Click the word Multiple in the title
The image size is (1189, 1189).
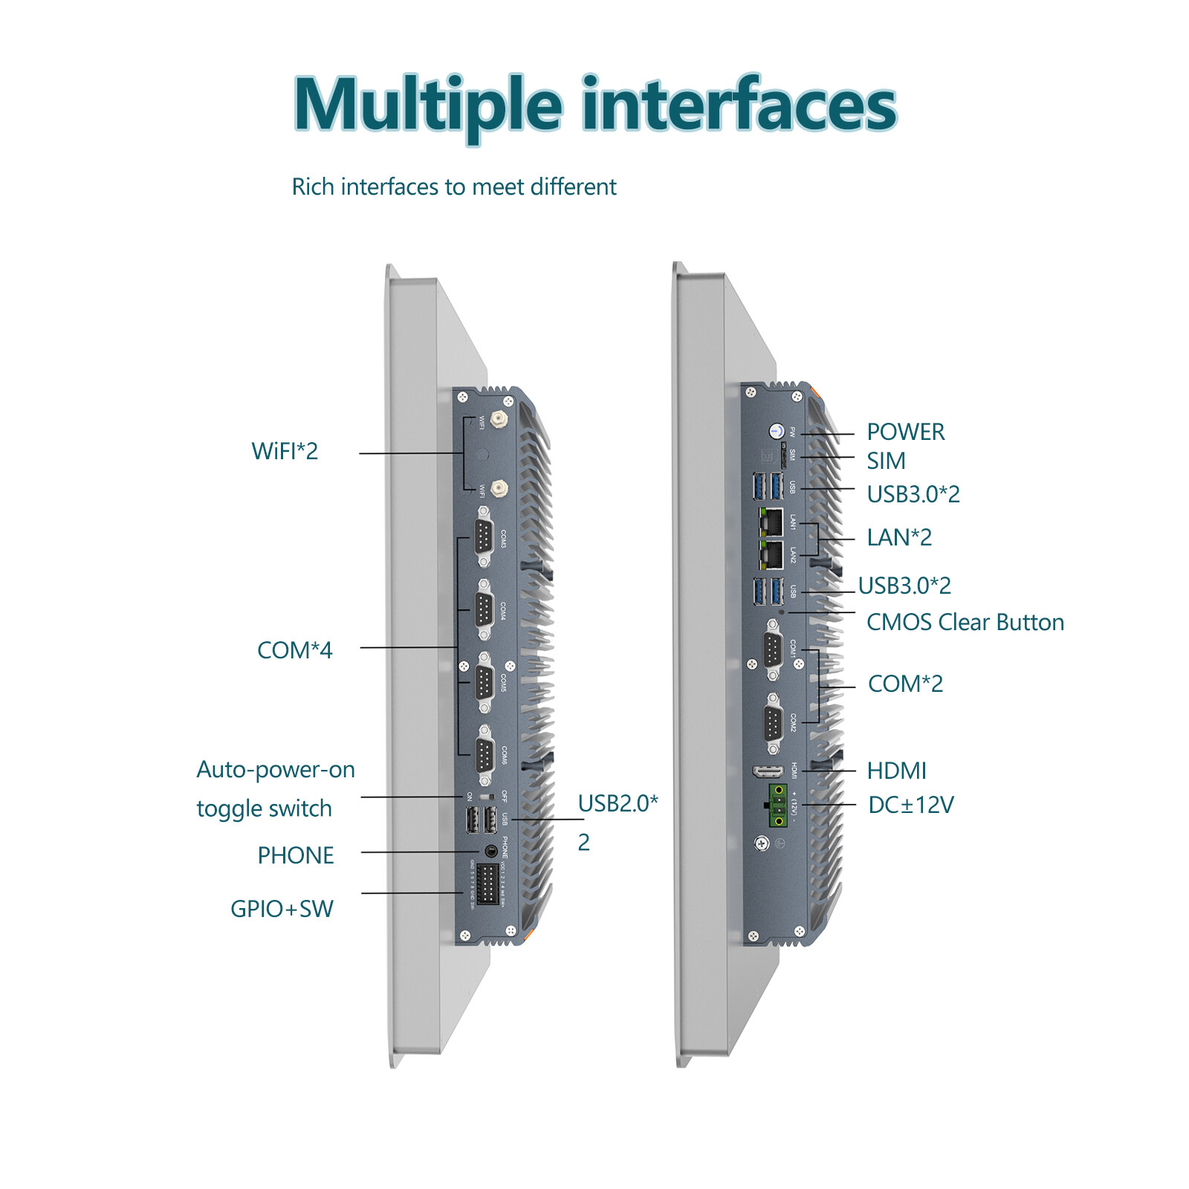[x=427, y=106]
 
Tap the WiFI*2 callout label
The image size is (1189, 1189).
[x=285, y=451]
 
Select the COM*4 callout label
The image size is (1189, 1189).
[x=294, y=650]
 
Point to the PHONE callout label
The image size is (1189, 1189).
[x=295, y=855]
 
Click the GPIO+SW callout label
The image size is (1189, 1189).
[x=282, y=909]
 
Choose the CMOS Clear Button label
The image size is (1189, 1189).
[x=965, y=622]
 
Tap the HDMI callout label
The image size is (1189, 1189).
[x=896, y=771]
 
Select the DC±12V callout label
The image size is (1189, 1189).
[x=910, y=805]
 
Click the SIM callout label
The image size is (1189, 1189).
[x=886, y=461]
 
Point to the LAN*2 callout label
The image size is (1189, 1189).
[x=899, y=537]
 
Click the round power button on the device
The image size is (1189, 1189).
[x=777, y=431]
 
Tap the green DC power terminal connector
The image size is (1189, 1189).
[x=777, y=805]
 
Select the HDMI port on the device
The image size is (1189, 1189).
[x=768, y=771]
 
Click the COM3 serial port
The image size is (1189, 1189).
[x=484, y=537]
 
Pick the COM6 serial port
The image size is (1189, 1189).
[x=485, y=756]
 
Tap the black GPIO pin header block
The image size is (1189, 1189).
[x=487, y=884]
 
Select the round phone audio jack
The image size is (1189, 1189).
[x=490, y=849]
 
